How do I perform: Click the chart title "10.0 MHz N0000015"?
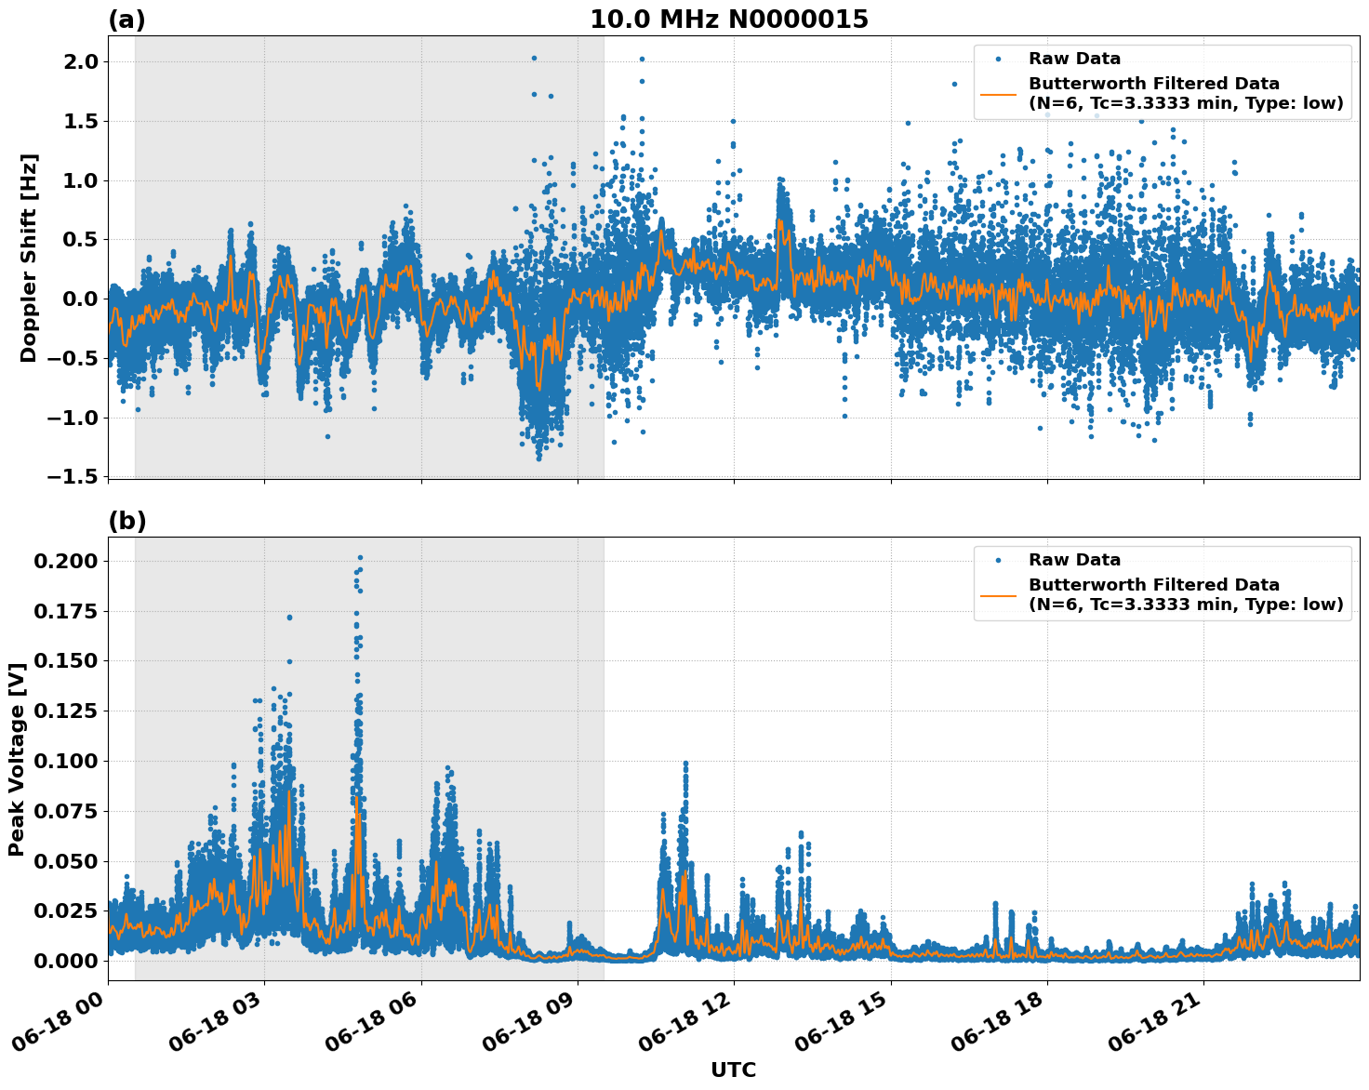click(x=729, y=20)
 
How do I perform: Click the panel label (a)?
click(x=126, y=20)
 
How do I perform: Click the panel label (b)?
click(x=126, y=521)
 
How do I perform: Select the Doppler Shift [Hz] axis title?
click(x=28, y=258)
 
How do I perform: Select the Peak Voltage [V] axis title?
click(x=16, y=759)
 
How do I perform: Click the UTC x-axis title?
click(x=733, y=1070)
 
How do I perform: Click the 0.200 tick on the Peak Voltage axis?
click(x=64, y=561)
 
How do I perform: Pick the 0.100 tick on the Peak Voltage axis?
click(x=64, y=761)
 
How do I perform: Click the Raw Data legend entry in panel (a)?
click(x=1074, y=59)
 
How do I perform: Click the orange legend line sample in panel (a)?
click(x=999, y=93)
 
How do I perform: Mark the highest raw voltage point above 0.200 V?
click(x=360, y=557)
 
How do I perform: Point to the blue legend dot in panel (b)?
click(x=999, y=560)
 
